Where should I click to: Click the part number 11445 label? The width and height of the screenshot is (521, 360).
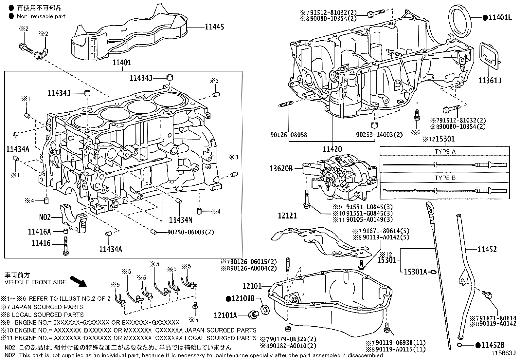[214, 27]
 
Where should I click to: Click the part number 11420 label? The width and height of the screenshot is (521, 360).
[332, 149]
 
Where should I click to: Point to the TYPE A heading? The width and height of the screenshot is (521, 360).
[445, 152]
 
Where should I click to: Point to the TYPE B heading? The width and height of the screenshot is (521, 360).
[445, 178]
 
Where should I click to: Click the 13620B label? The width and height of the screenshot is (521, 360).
[281, 169]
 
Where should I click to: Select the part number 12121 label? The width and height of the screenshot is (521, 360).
[287, 216]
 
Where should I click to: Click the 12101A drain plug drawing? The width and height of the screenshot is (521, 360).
[253, 315]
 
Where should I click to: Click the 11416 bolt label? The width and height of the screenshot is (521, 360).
[41, 243]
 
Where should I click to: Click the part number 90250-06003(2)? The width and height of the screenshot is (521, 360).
[190, 232]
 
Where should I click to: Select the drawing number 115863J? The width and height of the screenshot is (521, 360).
[503, 353]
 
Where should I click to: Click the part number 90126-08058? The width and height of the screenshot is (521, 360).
[289, 135]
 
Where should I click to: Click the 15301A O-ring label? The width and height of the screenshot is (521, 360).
[415, 272]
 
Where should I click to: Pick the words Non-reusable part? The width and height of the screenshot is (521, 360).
[41, 16]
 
